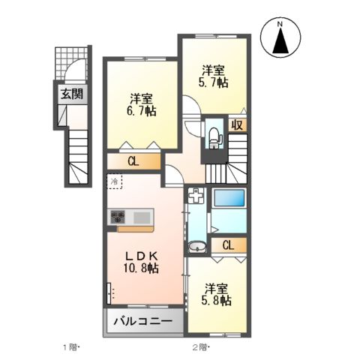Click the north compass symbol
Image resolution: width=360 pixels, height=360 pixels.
point(281,38)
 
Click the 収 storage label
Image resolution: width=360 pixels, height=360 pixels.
point(238,124)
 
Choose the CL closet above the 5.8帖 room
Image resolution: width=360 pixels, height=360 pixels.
point(228,245)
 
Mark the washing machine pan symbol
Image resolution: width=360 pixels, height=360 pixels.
point(195,198)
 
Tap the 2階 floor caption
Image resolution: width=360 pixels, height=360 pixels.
point(200,347)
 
